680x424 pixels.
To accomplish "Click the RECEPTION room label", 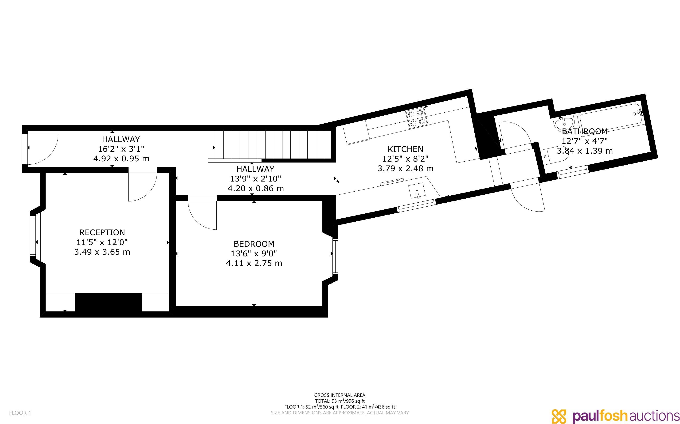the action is point(102,232).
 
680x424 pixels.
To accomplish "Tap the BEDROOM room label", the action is point(254,244).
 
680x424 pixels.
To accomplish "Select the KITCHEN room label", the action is point(405,149).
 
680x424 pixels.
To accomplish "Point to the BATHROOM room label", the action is point(585,131).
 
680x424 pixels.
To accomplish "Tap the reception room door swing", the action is point(142,184).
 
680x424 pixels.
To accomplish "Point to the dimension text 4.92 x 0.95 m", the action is point(121,159).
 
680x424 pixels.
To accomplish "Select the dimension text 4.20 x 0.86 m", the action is point(256,189).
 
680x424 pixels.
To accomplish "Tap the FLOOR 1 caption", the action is point(20,413).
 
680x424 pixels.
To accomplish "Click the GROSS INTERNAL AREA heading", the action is point(340,395).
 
